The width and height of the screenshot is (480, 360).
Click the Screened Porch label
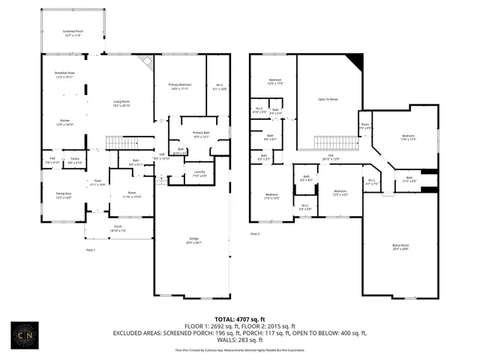[73, 33]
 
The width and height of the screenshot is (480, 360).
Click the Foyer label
[97, 182]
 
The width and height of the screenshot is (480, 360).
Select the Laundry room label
[199, 174]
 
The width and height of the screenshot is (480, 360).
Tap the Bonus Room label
[400, 247]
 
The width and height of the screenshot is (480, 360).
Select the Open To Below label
[328, 97]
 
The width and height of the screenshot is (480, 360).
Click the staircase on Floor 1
[121, 142]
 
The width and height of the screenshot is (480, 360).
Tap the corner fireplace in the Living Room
[146, 62]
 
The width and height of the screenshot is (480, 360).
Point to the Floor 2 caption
[254, 234]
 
